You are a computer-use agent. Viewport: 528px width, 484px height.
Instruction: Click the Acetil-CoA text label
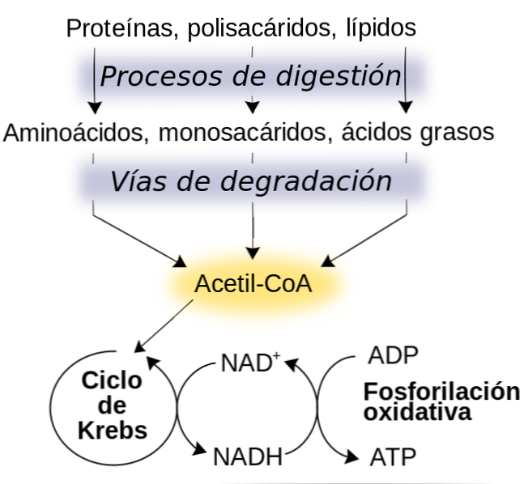click(253, 285)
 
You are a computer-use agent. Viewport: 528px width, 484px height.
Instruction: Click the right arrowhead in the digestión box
click(405, 106)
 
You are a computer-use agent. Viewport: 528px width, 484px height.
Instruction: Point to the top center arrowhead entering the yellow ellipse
click(254, 253)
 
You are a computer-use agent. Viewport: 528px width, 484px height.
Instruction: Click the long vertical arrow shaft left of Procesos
click(94, 73)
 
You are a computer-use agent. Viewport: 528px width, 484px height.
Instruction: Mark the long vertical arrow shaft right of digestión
click(405, 73)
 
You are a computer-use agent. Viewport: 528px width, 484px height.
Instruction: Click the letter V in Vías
click(118, 180)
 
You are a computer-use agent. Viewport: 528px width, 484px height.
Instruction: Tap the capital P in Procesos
click(109, 76)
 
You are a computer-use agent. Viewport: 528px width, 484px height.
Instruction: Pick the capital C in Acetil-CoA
click(279, 285)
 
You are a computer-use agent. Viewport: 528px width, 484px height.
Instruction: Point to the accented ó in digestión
click(375, 76)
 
